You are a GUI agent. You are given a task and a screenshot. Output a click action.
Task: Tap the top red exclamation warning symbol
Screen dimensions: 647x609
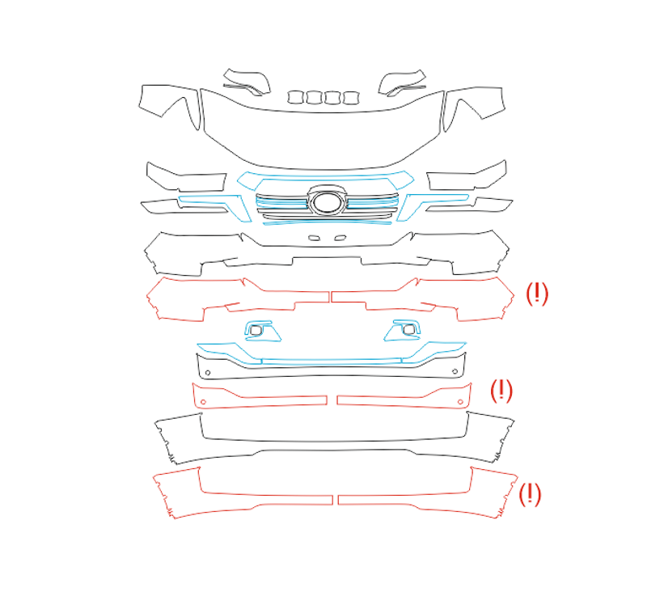pos(536,294)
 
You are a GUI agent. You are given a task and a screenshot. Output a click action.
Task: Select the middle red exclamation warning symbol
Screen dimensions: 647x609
pos(501,391)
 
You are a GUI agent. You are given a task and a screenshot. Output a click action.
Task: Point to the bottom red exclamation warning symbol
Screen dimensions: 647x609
pos(530,494)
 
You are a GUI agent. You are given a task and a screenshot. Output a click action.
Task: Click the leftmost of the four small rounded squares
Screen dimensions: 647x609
pos(295,98)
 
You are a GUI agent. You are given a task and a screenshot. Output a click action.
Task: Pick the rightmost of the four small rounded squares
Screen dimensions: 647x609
pos(351,98)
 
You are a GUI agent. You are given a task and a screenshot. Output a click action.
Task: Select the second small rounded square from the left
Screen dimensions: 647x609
pos(314,98)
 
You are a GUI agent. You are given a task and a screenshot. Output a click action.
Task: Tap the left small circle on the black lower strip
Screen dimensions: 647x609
pos(208,373)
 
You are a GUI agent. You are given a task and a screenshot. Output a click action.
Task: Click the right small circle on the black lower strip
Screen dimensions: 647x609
pos(455,372)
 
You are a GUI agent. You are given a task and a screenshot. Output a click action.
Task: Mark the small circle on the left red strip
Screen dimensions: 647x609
pos(203,402)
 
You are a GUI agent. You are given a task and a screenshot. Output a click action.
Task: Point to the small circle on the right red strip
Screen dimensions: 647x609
pos(460,401)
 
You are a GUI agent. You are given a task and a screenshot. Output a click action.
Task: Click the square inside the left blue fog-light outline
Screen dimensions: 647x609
pos(256,330)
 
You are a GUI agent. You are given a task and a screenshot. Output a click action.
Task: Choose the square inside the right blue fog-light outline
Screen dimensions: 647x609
pos(409,329)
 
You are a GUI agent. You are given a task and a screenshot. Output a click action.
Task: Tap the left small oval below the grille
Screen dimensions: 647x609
pos(314,238)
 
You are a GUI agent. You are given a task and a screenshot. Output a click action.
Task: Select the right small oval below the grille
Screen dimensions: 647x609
pos(340,238)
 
